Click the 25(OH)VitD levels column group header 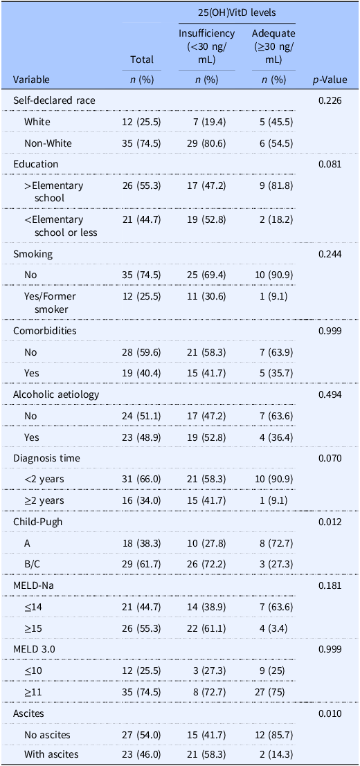coord(237,12)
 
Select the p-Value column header coord(330,80)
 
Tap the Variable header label coord(31,80)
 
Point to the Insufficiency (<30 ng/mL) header coord(206,47)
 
